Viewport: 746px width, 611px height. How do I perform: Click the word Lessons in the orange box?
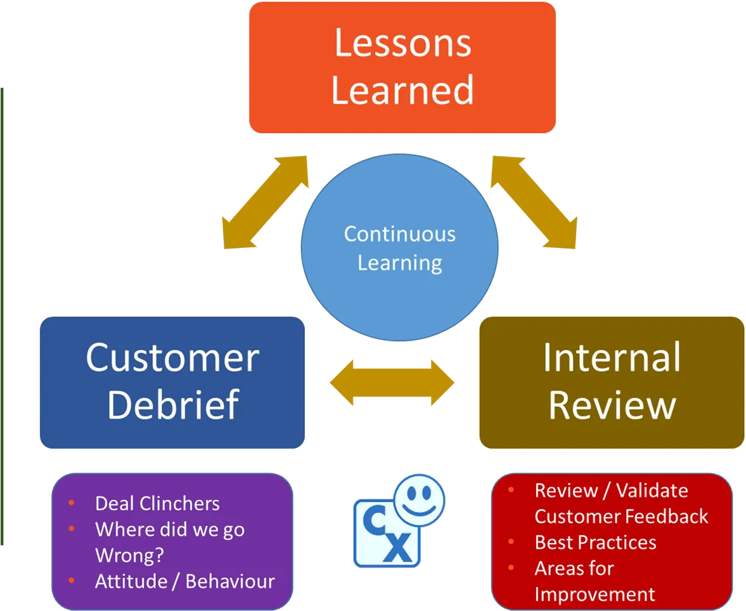(x=403, y=43)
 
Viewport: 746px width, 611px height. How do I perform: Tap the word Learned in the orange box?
(x=402, y=89)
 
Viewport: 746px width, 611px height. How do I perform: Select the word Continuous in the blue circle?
(x=400, y=234)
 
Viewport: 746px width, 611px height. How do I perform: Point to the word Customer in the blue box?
(x=172, y=358)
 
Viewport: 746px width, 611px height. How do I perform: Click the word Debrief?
(x=172, y=405)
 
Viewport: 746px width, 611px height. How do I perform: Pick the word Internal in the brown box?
(x=612, y=357)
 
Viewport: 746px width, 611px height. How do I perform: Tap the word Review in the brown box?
(x=612, y=405)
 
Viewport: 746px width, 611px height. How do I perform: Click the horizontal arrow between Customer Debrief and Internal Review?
(x=392, y=383)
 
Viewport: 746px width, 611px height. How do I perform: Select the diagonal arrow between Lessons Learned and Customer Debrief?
(x=266, y=202)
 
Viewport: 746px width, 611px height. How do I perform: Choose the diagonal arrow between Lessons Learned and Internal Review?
(x=534, y=202)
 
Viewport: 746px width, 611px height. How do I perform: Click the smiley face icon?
(x=419, y=500)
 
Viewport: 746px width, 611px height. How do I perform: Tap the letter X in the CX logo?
(x=399, y=548)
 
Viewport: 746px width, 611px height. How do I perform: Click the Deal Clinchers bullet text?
(x=157, y=503)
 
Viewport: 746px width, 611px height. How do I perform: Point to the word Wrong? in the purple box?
(x=129, y=555)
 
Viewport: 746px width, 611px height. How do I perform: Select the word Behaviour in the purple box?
(x=230, y=581)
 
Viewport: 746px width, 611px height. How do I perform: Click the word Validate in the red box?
(x=652, y=490)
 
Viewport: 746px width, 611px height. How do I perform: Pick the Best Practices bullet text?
(x=595, y=542)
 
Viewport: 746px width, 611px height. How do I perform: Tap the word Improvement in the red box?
(x=595, y=595)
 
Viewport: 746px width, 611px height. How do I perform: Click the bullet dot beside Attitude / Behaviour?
(x=72, y=580)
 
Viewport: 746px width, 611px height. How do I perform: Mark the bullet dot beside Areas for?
(x=511, y=567)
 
